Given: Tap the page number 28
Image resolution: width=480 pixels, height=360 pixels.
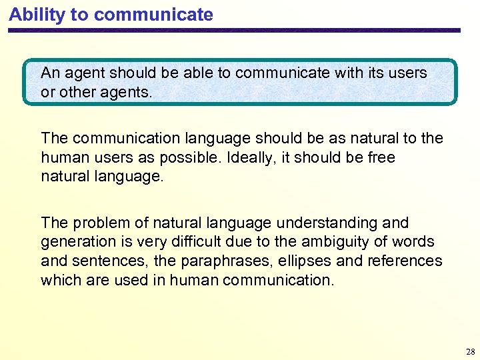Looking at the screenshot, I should click(x=471, y=351).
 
